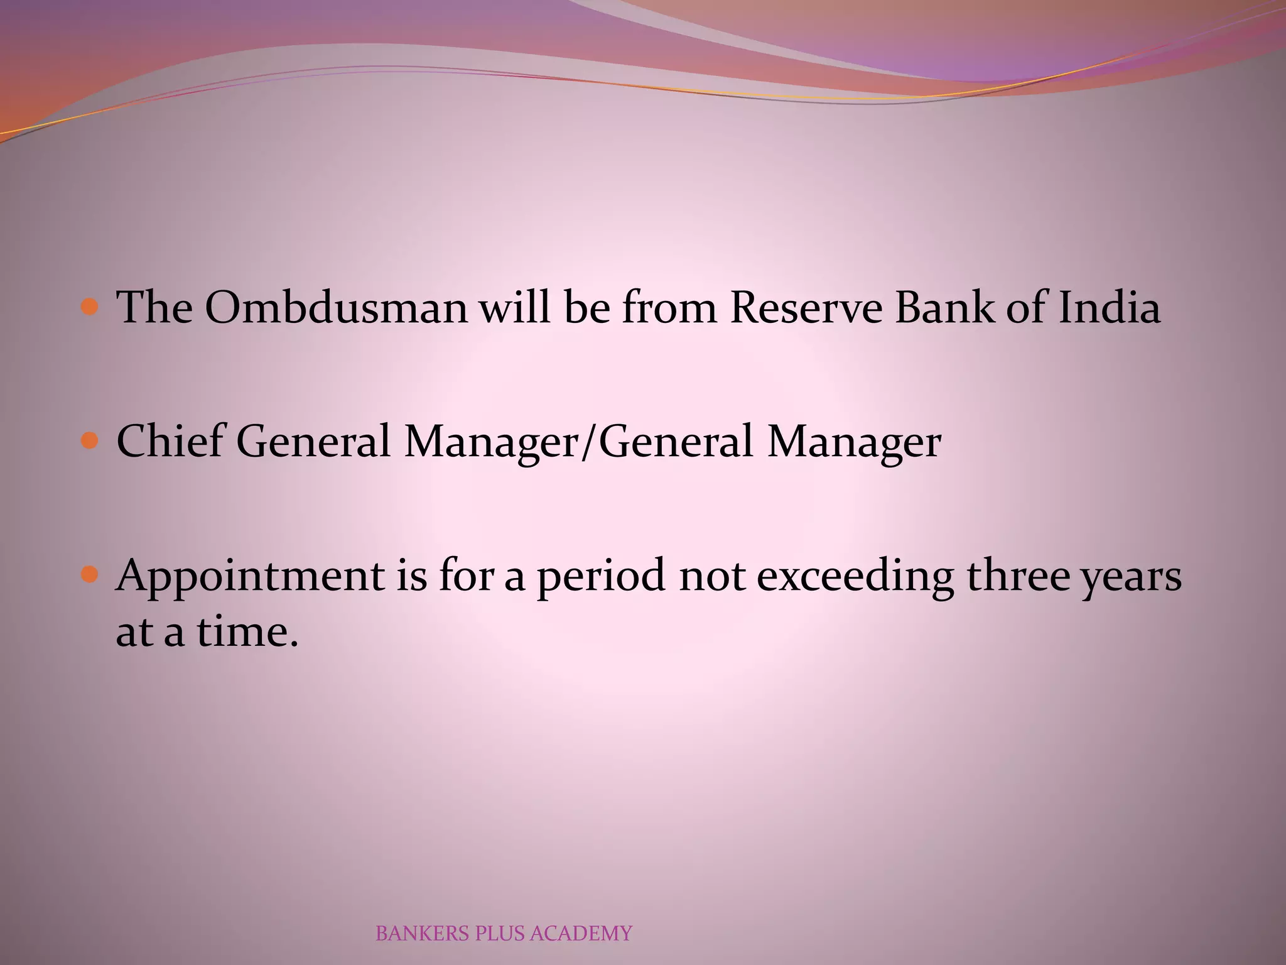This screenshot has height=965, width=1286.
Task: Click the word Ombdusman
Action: (336, 308)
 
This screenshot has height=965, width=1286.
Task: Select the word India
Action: (1109, 308)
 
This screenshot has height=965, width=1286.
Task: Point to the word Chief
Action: (170, 440)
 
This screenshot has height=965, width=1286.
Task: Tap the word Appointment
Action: (250, 577)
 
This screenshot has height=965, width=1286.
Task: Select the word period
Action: (600, 577)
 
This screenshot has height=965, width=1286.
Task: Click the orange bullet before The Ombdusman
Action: (90, 307)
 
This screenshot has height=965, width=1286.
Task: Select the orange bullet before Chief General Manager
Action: (90, 440)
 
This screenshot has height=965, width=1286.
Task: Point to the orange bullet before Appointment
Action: (90, 574)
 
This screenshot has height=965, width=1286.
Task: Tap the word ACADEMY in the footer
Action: (580, 934)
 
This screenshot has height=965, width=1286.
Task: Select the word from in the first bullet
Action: (669, 308)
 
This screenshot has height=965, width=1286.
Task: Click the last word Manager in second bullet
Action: (854, 442)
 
